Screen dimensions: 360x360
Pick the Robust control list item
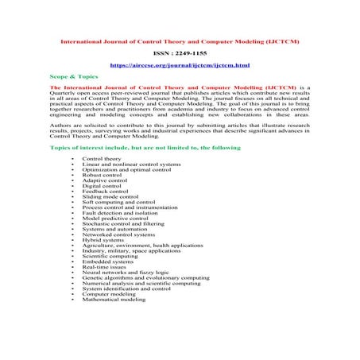point(103,175)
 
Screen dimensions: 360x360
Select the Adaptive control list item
point(104,180)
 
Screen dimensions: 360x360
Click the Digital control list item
point(102,186)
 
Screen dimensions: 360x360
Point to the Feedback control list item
point(105,192)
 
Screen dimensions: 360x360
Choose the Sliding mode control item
point(110,197)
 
